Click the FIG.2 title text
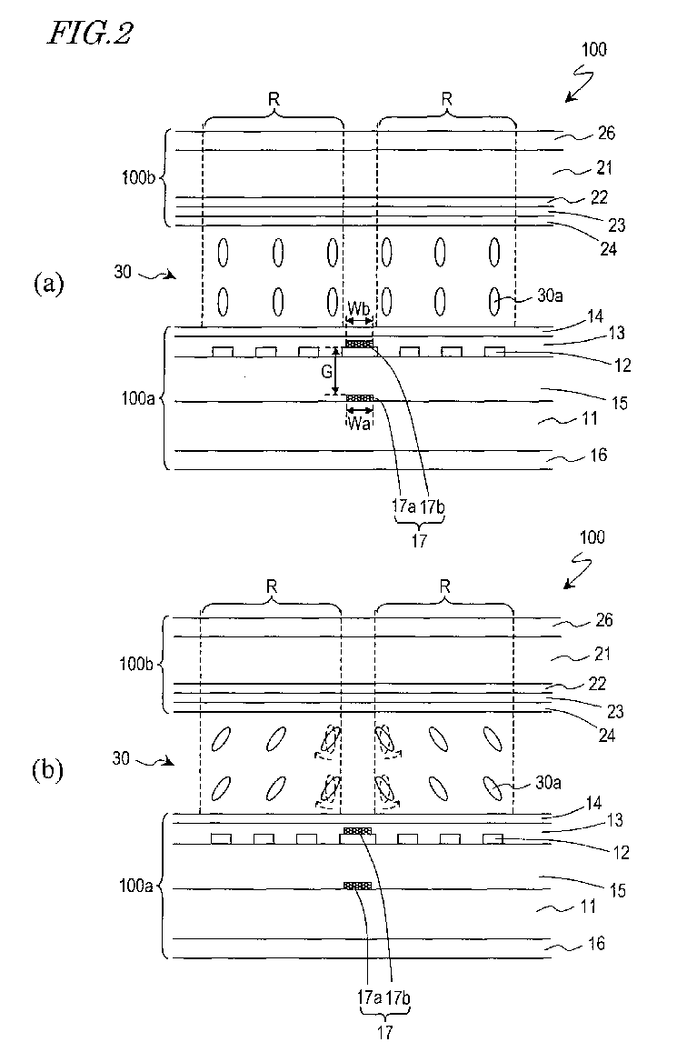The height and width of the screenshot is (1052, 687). (x=89, y=33)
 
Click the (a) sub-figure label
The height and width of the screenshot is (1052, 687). (x=49, y=283)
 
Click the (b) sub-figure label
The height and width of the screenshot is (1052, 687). (x=47, y=770)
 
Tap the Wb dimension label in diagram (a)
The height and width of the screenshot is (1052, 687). (x=358, y=309)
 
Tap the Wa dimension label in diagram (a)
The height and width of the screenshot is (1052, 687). (x=358, y=424)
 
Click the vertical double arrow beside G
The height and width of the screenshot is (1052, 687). (x=337, y=371)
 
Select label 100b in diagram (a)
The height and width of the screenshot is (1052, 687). (x=139, y=178)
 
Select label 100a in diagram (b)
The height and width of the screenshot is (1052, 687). (x=136, y=886)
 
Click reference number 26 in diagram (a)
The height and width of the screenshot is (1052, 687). (x=606, y=133)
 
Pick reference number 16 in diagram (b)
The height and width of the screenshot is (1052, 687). (x=596, y=943)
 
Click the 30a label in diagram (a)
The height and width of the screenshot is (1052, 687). (x=550, y=296)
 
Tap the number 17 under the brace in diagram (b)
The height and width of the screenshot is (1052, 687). (x=384, y=1032)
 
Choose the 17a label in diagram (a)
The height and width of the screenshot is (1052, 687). (x=404, y=506)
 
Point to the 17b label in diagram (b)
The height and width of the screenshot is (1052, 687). (x=397, y=997)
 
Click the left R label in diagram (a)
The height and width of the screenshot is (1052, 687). (x=274, y=100)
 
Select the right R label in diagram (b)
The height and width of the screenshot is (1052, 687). (x=444, y=586)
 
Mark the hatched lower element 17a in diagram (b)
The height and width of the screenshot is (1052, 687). (x=357, y=886)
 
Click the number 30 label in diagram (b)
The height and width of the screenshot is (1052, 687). (x=121, y=758)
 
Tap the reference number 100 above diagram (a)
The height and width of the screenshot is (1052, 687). (x=593, y=49)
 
